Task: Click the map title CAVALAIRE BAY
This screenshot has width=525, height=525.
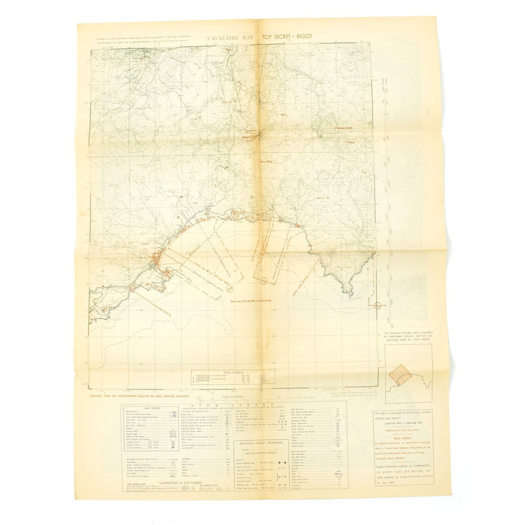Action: (x=230, y=37)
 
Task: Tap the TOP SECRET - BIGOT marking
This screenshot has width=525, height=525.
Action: (x=287, y=37)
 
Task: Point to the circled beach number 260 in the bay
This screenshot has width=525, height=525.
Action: (x=264, y=280)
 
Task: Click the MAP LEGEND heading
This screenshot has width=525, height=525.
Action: (x=147, y=408)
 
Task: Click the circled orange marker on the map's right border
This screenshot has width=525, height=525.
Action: (x=377, y=306)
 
